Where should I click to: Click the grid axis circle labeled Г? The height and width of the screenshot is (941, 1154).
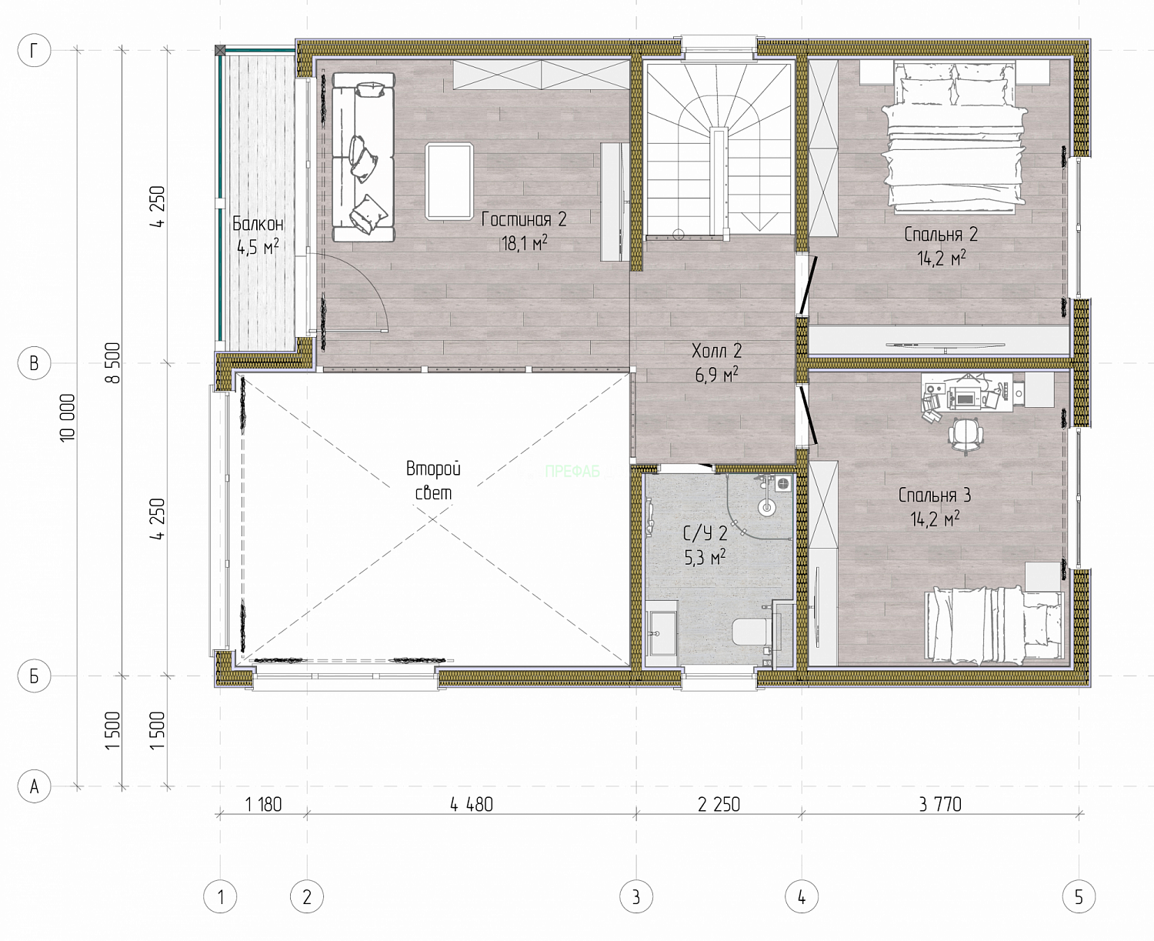(34, 51)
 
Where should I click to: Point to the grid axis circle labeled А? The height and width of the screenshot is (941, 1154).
(34, 786)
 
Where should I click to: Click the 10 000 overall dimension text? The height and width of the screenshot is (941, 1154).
(68, 418)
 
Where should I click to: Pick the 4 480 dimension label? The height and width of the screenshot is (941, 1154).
(471, 804)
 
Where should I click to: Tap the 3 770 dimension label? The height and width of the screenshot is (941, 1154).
(940, 804)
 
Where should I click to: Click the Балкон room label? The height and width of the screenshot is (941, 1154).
(258, 223)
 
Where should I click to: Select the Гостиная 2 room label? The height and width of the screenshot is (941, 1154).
(524, 219)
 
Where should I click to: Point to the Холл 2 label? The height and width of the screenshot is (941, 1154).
(716, 350)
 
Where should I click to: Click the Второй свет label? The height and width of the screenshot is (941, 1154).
(433, 481)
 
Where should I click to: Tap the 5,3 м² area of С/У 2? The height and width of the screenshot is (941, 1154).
(705, 557)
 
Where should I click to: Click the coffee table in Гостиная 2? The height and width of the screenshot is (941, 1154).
(449, 181)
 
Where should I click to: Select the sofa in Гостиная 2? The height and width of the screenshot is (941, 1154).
(363, 157)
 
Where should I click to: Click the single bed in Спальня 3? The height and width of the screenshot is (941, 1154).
(994, 625)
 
